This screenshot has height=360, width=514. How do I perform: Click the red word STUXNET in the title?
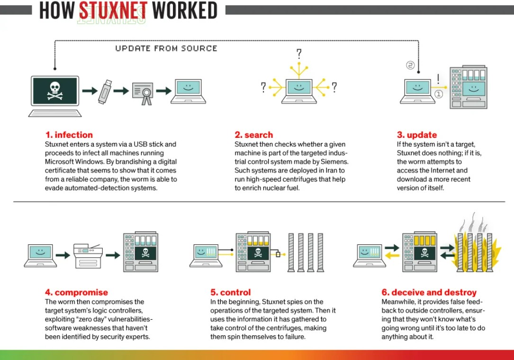113,10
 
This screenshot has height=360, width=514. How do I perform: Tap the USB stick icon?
105,91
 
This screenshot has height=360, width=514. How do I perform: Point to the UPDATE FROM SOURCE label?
166,48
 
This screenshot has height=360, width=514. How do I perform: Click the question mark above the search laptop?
298,54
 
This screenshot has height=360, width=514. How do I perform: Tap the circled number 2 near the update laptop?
410,65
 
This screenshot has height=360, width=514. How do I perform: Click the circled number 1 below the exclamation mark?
439,94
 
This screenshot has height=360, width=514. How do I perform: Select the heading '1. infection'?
69,135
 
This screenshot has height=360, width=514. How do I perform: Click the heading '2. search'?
254,135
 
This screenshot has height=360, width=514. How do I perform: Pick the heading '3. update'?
417,135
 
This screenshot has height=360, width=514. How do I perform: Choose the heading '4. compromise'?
77,292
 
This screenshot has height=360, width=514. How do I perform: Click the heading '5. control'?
231,292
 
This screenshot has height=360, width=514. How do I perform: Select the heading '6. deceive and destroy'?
429,292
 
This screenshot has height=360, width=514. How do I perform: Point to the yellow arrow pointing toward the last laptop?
391,256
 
